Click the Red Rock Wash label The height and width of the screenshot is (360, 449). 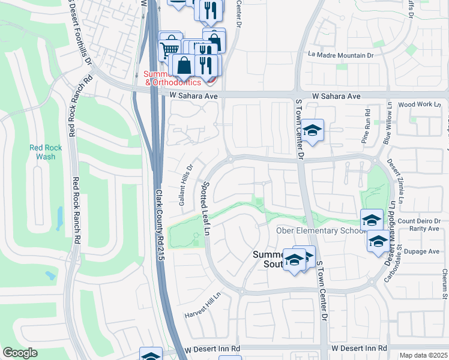tap(42, 152)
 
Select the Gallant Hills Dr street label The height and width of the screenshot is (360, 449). tap(185, 185)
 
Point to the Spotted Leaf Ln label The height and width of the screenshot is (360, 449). tap(207, 208)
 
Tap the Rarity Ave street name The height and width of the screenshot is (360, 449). tap(422, 229)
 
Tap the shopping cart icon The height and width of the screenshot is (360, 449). tap(170, 48)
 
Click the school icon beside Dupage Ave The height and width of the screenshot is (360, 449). tap(378, 241)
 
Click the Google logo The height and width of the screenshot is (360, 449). tap(20, 353)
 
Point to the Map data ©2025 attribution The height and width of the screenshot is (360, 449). tap(423, 355)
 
